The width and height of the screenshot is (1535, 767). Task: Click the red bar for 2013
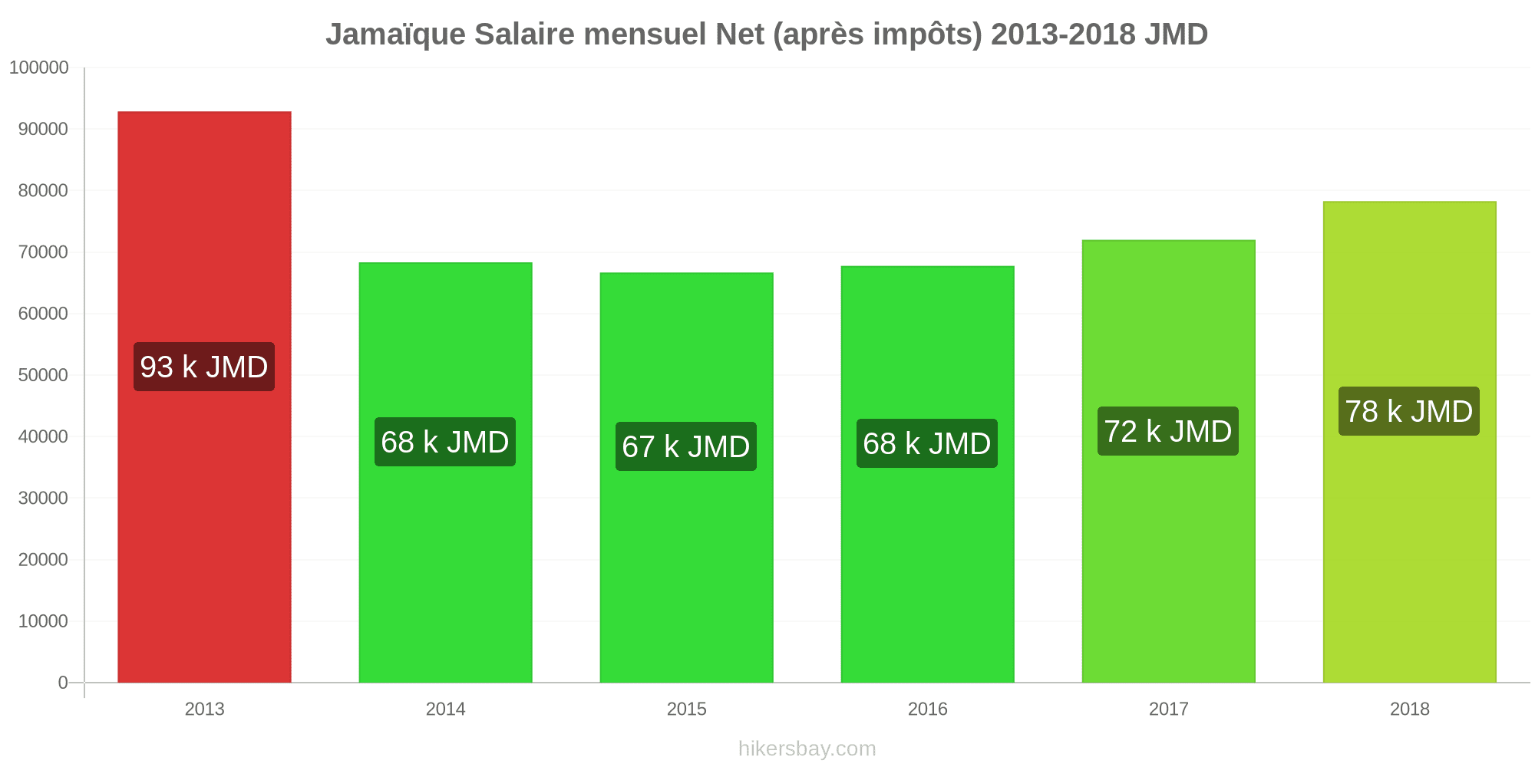tap(204, 397)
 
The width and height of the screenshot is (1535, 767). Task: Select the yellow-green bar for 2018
tap(1409, 442)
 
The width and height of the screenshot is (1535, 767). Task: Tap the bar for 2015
tap(686, 478)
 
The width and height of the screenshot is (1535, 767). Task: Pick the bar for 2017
tap(1168, 462)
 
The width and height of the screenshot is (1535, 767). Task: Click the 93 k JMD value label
tap(204, 367)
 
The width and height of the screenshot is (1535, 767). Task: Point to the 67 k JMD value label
tap(686, 446)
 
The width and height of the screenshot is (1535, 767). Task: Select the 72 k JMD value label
tap(1168, 431)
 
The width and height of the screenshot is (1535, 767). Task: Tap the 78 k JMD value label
tap(1409, 411)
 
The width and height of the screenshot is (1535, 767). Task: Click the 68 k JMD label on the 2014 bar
tap(445, 442)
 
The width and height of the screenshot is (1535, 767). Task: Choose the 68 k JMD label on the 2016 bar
tap(927, 443)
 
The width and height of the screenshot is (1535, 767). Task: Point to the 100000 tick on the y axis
tap(39, 67)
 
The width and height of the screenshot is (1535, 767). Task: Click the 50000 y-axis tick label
tap(44, 375)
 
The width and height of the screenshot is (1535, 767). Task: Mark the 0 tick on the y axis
tap(63, 683)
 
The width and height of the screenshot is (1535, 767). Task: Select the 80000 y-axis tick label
tap(44, 190)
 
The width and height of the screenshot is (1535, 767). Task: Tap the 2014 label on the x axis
tap(445, 709)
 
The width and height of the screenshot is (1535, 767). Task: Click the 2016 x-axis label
tap(927, 709)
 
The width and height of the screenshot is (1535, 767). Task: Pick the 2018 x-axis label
tap(1409, 709)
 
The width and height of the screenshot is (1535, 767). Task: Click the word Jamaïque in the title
tap(395, 35)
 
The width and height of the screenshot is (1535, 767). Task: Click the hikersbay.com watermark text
tap(807, 748)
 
